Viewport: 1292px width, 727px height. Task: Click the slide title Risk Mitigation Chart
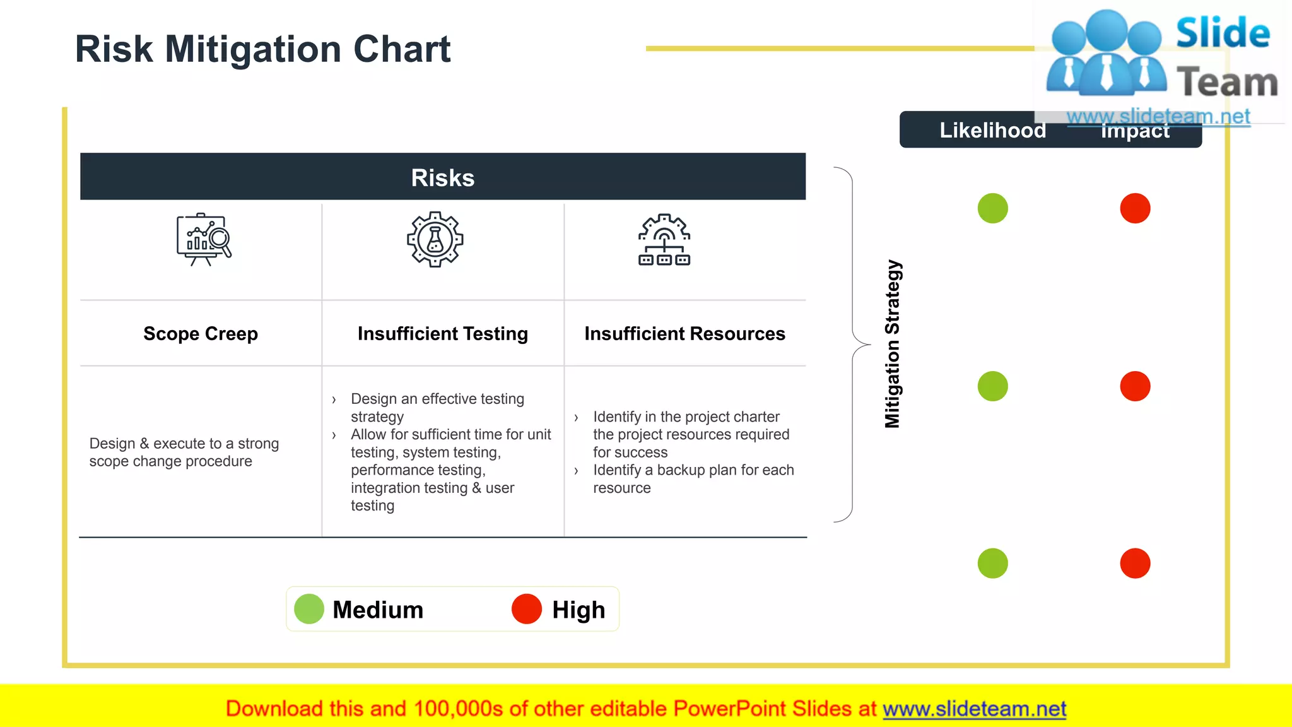pyautogui.click(x=262, y=49)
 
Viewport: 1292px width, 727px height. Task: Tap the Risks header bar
pyautogui.click(x=442, y=177)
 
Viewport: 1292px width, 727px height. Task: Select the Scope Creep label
pyautogui.click(x=201, y=333)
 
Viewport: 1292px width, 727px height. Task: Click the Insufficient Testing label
pyautogui.click(x=442, y=333)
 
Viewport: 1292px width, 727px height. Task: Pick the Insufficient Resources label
pyautogui.click(x=684, y=333)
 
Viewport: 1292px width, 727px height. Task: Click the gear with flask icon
pyautogui.click(x=435, y=239)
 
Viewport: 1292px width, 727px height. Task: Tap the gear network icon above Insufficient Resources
pyautogui.click(x=664, y=240)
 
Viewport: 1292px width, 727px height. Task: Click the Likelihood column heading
pyautogui.click(x=992, y=130)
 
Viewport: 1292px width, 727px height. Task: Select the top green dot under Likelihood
pyautogui.click(x=992, y=208)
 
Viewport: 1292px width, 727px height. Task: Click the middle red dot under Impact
pyautogui.click(x=1135, y=386)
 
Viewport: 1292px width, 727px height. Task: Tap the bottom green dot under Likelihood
pyautogui.click(x=992, y=564)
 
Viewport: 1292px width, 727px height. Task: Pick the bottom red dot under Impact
pyautogui.click(x=1135, y=564)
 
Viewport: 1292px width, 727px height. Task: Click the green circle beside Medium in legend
pyautogui.click(x=309, y=609)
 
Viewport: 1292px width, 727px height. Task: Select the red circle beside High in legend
pyautogui.click(x=527, y=609)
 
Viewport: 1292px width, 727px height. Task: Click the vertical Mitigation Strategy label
pyautogui.click(x=892, y=344)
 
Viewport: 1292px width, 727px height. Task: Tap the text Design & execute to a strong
pyautogui.click(x=184, y=444)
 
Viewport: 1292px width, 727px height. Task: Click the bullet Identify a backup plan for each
pyautogui.click(x=693, y=470)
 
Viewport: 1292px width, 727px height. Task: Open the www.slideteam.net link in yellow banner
pyautogui.click(x=974, y=709)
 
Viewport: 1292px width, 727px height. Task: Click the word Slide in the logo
pyautogui.click(x=1223, y=33)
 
